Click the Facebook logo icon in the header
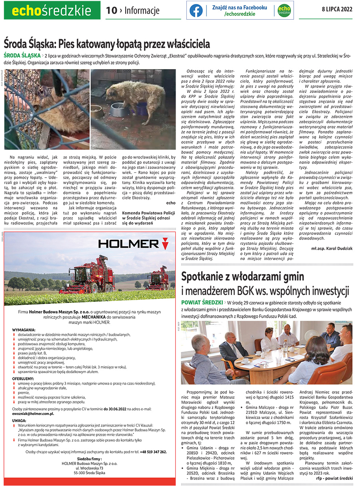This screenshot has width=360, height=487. [196, 10]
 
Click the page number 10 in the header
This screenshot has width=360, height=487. [111, 10]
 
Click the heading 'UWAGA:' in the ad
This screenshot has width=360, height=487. [19, 421]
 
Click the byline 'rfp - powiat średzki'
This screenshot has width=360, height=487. [334, 478]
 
